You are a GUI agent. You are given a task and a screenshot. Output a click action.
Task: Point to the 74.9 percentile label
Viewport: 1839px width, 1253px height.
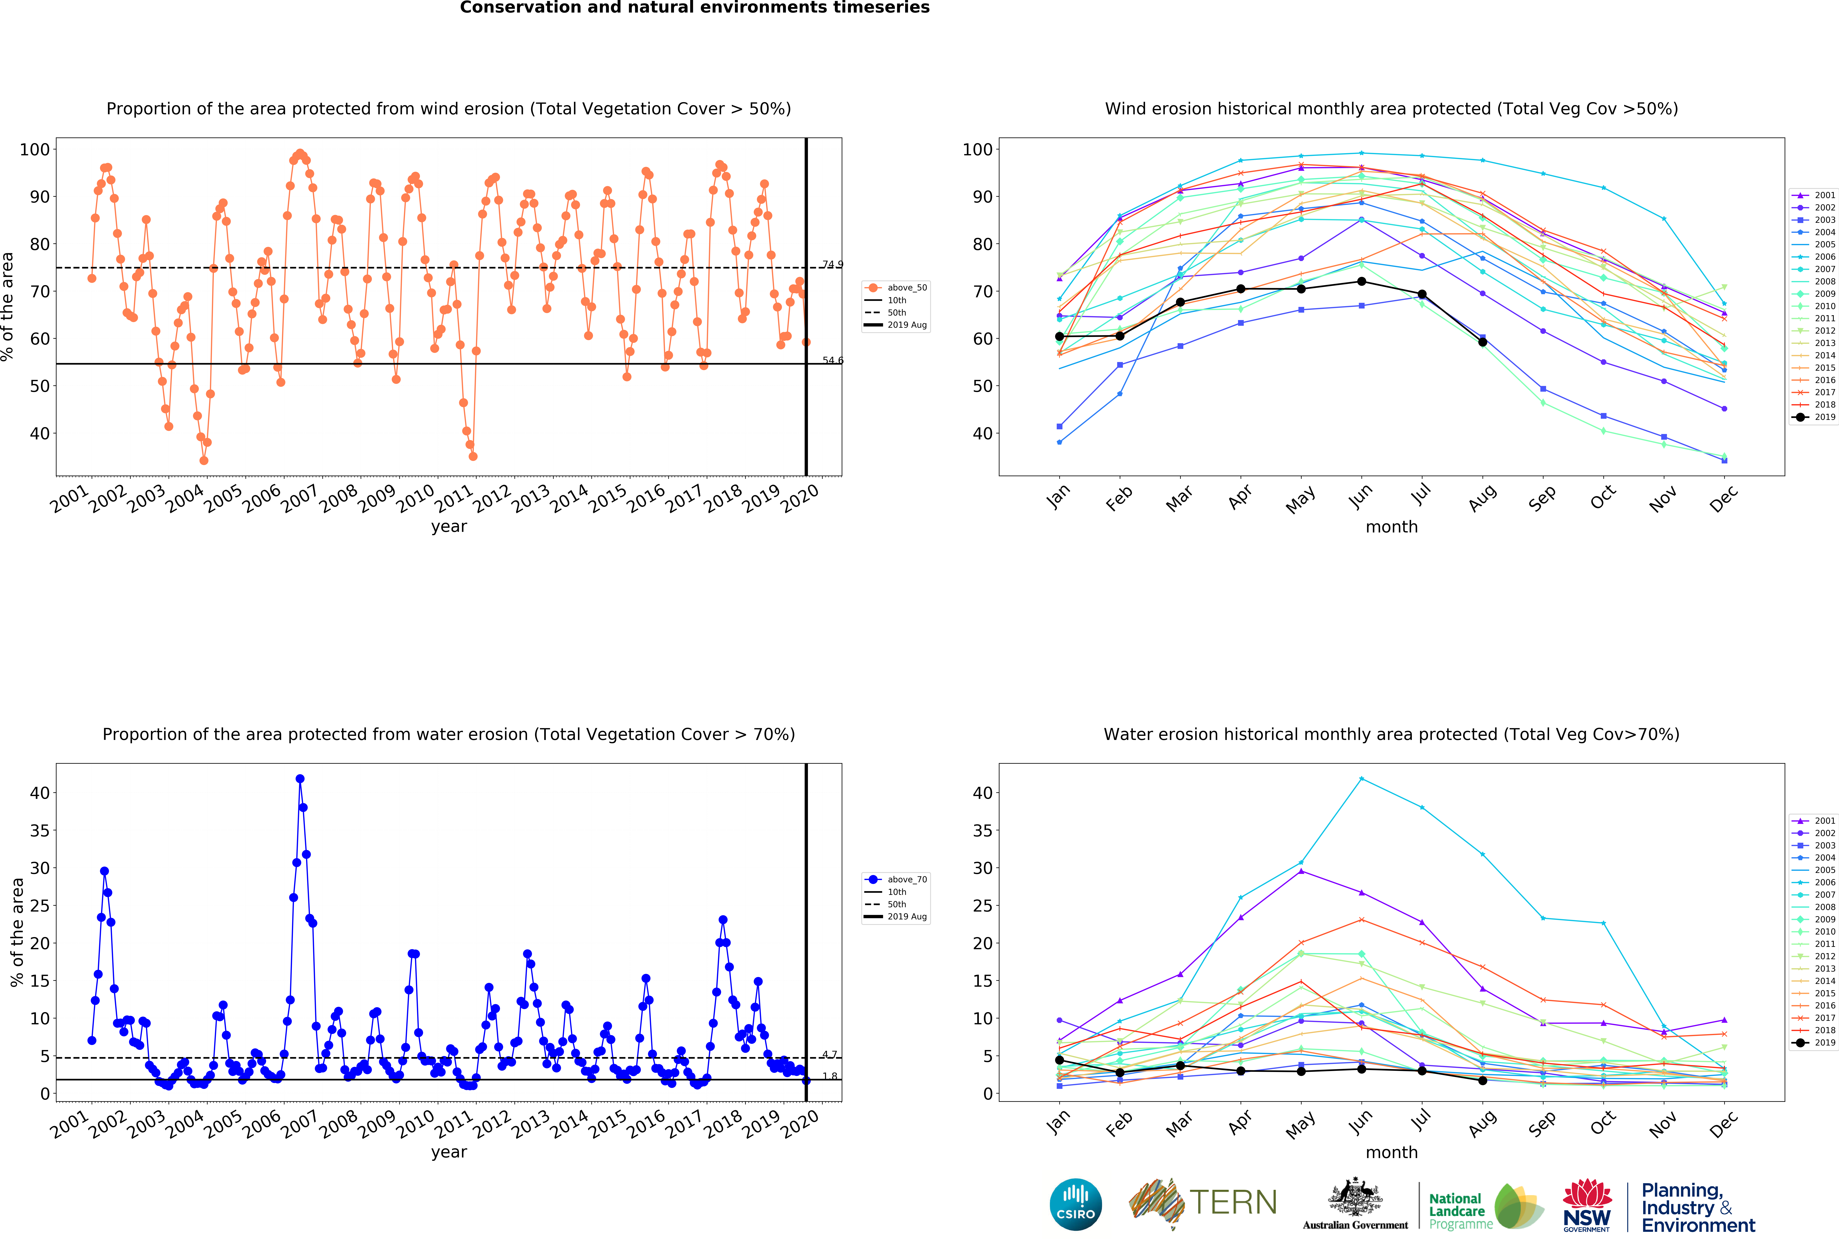[x=832, y=264]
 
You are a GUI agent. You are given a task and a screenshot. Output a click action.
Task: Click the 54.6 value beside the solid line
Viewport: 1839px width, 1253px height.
[x=832, y=361]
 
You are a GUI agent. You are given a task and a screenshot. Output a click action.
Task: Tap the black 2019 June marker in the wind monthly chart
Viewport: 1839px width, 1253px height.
[x=1361, y=282]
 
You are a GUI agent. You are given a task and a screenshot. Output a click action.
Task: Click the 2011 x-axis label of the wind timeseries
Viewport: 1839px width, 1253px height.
[x=454, y=498]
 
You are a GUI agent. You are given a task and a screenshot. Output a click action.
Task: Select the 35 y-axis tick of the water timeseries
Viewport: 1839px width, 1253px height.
[x=40, y=831]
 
